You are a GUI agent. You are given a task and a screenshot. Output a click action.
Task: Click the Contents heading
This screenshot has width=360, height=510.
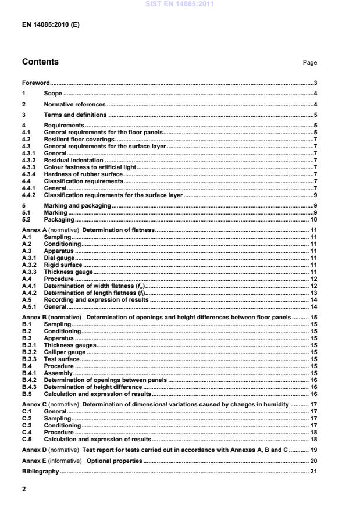[40, 62]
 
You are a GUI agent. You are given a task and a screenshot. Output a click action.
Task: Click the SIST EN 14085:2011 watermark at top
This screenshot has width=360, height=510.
[180, 5]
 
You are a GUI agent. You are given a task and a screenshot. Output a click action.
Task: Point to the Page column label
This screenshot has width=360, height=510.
[310, 63]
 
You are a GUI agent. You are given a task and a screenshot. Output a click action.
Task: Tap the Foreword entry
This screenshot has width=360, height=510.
[36, 83]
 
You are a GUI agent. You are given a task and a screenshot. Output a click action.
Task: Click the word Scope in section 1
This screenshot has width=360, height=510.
[53, 94]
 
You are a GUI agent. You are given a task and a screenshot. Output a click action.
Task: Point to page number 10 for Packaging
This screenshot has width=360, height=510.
[313, 220]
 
